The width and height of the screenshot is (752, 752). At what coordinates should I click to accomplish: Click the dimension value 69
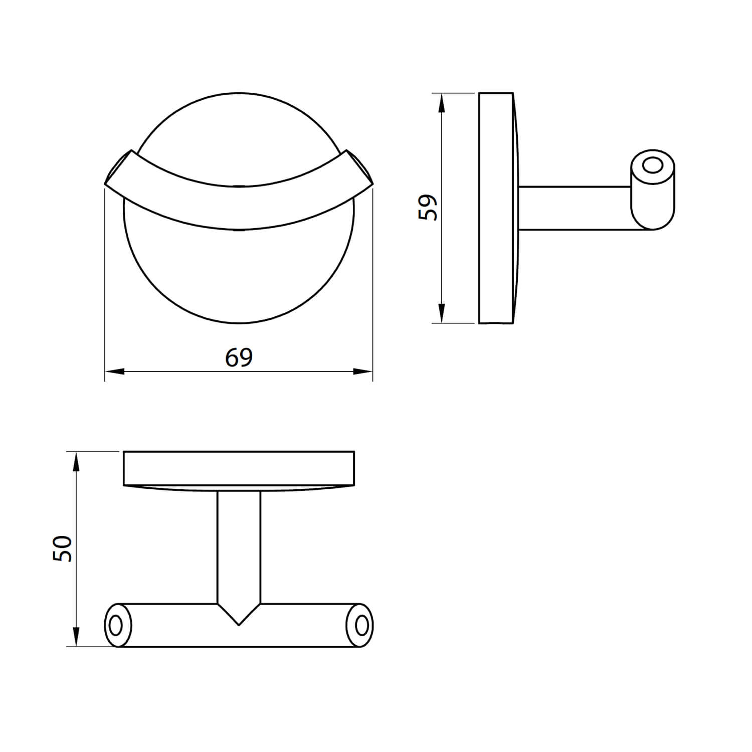pyautogui.click(x=239, y=357)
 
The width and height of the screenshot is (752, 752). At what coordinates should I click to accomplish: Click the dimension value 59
pyautogui.click(x=428, y=208)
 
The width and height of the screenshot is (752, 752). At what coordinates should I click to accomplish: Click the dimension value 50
pyautogui.click(x=64, y=548)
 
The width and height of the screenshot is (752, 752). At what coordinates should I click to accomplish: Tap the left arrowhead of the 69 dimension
pyautogui.click(x=114, y=371)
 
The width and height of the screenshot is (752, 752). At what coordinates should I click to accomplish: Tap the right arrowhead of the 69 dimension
pyautogui.click(x=363, y=371)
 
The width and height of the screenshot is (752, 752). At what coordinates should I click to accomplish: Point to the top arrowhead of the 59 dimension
pyautogui.click(x=441, y=103)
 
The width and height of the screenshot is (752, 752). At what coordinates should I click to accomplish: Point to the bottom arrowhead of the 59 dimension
pyautogui.click(x=441, y=313)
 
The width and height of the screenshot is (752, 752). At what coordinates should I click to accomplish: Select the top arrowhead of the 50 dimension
pyautogui.click(x=76, y=461)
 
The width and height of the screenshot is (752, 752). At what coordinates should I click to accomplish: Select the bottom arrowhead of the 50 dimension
pyautogui.click(x=76, y=637)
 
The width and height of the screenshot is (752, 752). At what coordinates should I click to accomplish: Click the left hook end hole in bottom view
pyautogui.click(x=115, y=625)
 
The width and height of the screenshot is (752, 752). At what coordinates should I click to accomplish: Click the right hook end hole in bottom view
pyautogui.click(x=360, y=625)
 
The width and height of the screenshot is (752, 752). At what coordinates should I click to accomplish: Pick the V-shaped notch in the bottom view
pyautogui.click(x=239, y=614)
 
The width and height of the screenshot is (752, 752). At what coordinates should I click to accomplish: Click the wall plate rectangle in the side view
pyautogui.click(x=495, y=208)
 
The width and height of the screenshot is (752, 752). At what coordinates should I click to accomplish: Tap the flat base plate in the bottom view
pyautogui.click(x=239, y=468)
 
